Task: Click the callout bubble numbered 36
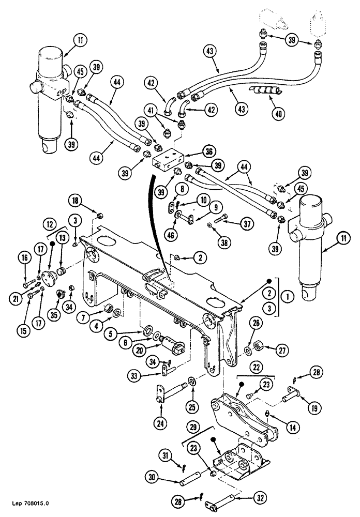[x=208, y=153]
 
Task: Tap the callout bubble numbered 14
[x=292, y=428]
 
